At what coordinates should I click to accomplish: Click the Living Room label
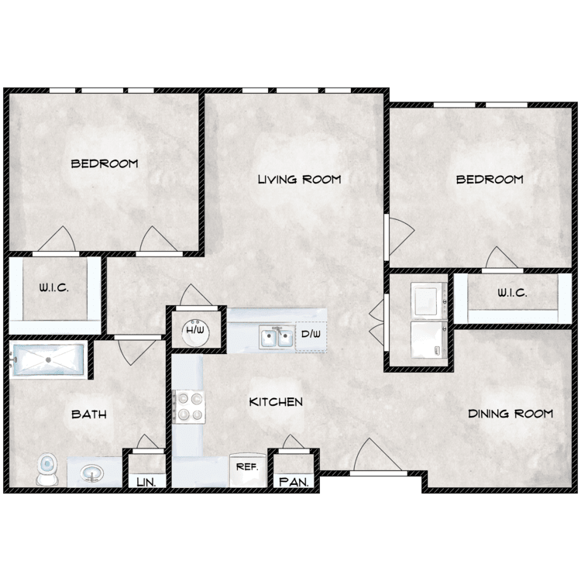tap(299, 180)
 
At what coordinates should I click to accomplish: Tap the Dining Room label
tap(511, 414)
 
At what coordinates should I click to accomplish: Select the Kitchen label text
tap(276, 402)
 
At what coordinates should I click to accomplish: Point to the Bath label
tap(89, 414)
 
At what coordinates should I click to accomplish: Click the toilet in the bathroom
tap(47, 469)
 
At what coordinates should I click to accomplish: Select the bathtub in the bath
tap(47, 360)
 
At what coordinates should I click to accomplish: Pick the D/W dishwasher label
tap(311, 334)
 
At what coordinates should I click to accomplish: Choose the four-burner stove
tap(189, 407)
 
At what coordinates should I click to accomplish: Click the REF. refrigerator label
tap(247, 467)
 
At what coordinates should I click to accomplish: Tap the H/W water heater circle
tap(196, 332)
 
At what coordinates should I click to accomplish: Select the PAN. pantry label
tap(294, 482)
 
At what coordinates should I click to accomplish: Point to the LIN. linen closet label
tap(146, 482)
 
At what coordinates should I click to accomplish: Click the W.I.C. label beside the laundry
tap(512, 294)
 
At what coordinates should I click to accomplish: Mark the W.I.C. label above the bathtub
tap(54, 288)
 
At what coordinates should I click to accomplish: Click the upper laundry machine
tap(428, 301)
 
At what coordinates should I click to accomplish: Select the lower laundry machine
tap(428, 340)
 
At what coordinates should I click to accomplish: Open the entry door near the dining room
tap(378, 473)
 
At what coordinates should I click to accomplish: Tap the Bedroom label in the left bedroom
tap(105, 163)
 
